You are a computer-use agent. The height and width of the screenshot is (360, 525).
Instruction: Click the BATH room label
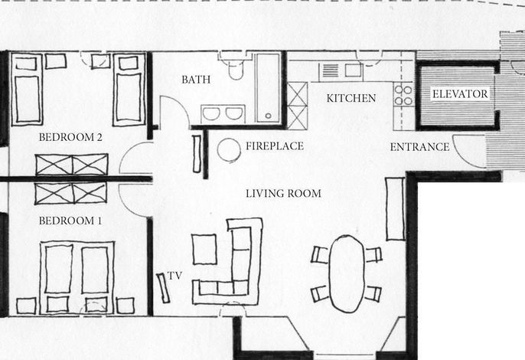pyautogui.click(x=196, y=80)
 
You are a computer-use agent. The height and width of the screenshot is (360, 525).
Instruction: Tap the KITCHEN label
pyautogui.click(x=351, y=98)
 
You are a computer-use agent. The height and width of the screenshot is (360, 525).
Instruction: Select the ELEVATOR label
pyautogui.click(x=460, y=94)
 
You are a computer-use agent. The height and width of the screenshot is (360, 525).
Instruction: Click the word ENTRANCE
pyautogui.click(x=419, y=147)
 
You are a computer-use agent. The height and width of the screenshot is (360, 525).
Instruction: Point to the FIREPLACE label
pyautogui.click(x=275, y=146)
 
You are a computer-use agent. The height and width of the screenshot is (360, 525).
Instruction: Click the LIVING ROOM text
pyautogui.click(x=283, y=194)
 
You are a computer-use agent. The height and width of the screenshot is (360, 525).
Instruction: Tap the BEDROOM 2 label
pyautogui.click(x=70, y=137)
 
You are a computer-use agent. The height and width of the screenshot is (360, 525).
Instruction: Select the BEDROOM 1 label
pyautogui.click(x=70, y=221)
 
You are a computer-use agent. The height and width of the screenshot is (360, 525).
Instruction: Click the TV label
pyautogui.click(x=174, y=276)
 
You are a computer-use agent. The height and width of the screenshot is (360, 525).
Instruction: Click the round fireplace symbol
pyautogui.click(x=229, y=150)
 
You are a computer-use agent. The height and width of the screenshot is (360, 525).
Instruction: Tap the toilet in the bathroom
pyautogui.click(x=236, y=69)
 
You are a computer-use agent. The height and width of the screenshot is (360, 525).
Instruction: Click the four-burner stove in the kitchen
pyautogui.click(x=403, y=95)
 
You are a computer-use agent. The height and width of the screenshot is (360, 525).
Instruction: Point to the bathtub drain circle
pyautogui.click(x=268, y=116)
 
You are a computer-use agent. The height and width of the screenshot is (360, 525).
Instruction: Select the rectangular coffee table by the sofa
pyautogui.click(x=204, y=250)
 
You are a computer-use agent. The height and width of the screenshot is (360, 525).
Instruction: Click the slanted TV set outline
pyautogui.click(x=163, y=288)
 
